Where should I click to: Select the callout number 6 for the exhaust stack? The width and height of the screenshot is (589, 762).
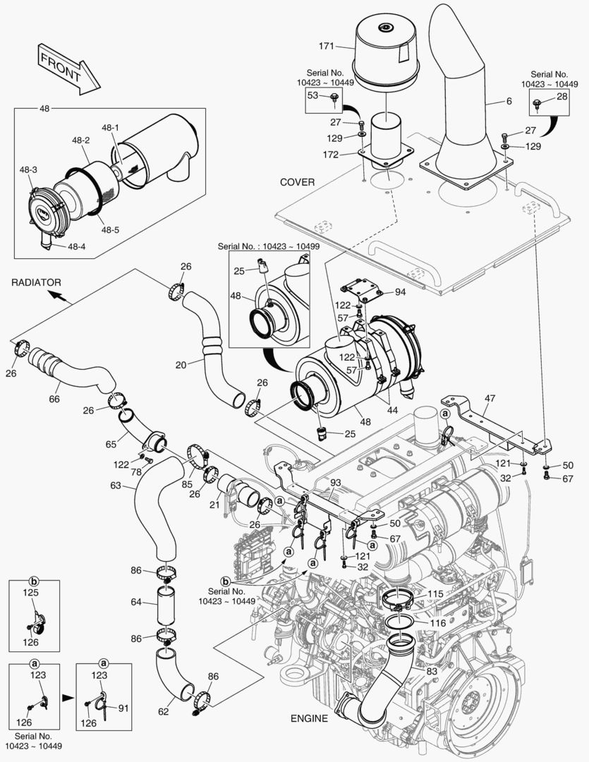(x=508, y=102)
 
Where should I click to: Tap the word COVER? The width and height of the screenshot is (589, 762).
(x=297, y=182)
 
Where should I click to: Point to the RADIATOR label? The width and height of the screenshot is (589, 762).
(x=36, y=282)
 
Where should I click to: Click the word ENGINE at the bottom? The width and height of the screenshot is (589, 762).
(x=309, y=719)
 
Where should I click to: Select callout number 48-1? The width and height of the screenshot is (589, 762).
(x=110, y=128)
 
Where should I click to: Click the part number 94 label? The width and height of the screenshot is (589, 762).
(x=400, y=291)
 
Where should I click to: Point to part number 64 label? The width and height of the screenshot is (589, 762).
(x=137, y=602)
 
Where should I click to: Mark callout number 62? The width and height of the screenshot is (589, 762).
(x=163, y=711)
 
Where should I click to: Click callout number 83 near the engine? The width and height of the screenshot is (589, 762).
(x=431, y=671)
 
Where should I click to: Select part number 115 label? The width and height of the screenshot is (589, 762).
(x=435, y=595)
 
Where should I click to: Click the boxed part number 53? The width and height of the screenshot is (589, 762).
(x=313, y=95)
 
